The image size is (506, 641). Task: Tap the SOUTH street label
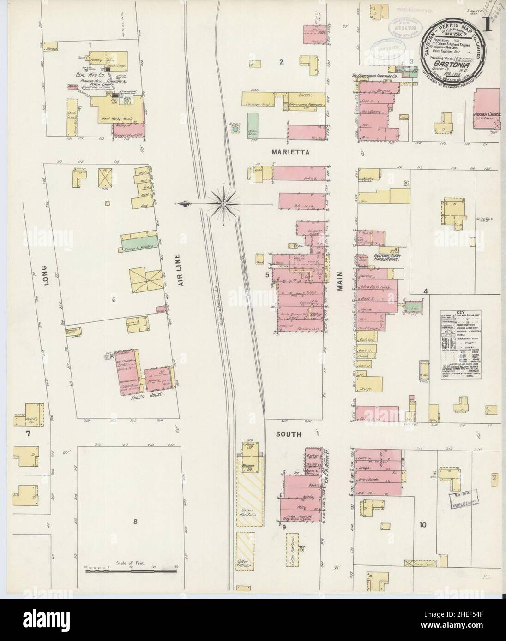(x=289, y=434)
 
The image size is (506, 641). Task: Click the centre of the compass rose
(x=224, y=202)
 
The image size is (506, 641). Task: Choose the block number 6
(x=112, y=300)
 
